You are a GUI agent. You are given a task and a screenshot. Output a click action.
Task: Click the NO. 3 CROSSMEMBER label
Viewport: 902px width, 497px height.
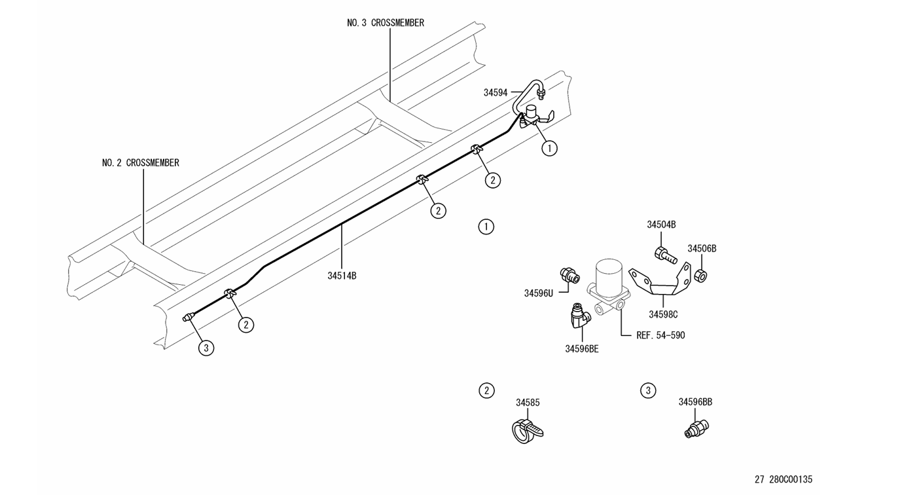(386, 23)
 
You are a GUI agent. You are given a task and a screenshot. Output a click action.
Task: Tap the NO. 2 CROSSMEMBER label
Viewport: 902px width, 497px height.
(141, 162)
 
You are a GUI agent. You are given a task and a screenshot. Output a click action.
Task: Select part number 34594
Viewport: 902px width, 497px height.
(496, 92)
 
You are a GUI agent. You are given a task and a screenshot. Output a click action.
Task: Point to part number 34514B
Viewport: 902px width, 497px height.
(342, 276)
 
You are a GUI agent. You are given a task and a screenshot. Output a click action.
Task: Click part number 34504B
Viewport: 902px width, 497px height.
(661, 225)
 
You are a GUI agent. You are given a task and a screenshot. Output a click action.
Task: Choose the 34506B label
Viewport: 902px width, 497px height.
(702, 249)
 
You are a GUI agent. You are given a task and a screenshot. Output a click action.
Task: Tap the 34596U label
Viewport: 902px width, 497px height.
(538, 293)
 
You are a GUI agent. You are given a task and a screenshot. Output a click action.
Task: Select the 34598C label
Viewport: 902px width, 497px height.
(663, 314)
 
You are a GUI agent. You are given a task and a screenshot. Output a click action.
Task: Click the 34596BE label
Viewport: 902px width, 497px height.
(582, 349)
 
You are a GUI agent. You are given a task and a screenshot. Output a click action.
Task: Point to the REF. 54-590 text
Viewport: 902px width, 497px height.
(660, 335)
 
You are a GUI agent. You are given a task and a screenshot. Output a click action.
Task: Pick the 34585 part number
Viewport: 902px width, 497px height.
(528, 402)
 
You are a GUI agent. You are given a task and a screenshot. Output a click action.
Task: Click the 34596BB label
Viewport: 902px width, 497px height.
(695, 402)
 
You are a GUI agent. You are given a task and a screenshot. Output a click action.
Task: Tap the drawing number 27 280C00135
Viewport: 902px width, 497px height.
(784, 479)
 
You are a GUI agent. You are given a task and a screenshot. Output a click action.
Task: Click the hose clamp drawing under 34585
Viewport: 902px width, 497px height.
(527, 432)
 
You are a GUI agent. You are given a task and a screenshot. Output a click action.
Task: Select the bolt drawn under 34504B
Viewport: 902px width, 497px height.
(666, 255)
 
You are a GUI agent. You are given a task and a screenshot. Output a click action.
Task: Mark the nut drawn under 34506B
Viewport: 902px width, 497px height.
(701, 276)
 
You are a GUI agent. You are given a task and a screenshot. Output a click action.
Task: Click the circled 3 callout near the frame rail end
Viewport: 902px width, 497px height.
(206, 348)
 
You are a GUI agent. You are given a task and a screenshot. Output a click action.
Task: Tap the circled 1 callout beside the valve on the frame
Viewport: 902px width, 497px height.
(550, 148)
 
